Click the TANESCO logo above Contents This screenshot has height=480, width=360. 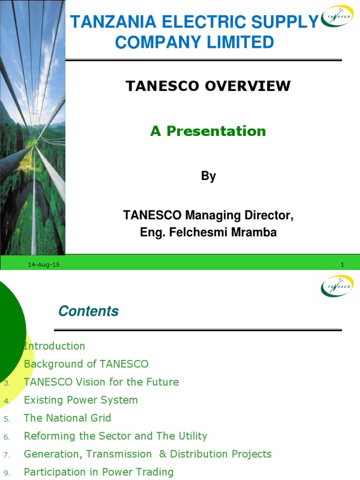337,286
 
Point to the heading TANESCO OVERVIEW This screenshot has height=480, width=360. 208,86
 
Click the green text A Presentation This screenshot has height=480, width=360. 208,131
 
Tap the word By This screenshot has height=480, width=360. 208,176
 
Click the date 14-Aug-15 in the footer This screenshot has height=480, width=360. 44,265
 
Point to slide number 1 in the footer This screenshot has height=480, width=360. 342,265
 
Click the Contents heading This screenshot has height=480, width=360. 88,311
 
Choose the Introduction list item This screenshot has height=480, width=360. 54,346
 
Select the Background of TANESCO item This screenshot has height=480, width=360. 86,364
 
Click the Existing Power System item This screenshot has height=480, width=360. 81,400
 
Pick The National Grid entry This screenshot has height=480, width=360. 67,418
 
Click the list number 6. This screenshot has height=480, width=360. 6,437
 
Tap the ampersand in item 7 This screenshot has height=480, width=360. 162,454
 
